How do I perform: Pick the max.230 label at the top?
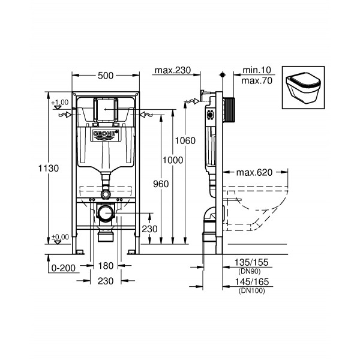click(x=172, y=70)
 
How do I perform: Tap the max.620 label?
click(x=254, y=172)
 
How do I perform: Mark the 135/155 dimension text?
click(x=253, y=262)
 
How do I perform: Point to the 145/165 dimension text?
click(x=253, y=282)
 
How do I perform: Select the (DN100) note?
click(x=253, y=290)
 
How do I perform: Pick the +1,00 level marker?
click(x=60, y=103)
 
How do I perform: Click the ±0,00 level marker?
click(x=60, y=237)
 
